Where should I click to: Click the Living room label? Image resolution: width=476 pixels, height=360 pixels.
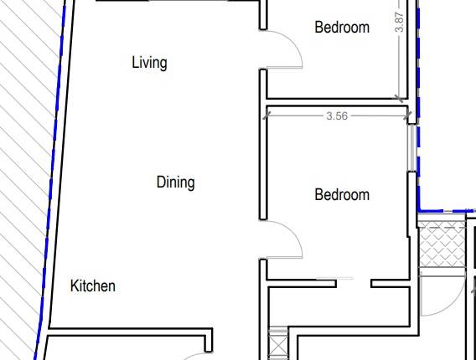click(x=149, y=63)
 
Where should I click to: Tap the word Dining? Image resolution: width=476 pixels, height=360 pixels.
click(x=175, y=182)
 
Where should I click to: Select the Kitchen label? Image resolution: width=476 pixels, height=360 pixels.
click(x=92, y=286)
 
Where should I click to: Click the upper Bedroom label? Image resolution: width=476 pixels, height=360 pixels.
click(x=341, y=28)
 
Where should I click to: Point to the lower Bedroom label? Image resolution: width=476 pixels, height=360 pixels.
click(x=341, y=195)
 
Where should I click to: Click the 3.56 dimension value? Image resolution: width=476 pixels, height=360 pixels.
click(x=336, y=116)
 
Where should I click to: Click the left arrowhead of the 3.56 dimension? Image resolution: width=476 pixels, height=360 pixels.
click(x=268, y=116)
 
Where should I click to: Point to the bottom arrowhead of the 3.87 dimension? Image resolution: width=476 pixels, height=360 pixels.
click(x=400, y=96)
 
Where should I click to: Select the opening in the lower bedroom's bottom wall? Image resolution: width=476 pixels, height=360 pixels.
click(x=354, y=283)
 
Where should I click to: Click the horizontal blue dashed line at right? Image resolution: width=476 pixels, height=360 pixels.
click(x=444, y=210)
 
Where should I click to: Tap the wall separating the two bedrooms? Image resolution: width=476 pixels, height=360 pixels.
click(x=335, y=101)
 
